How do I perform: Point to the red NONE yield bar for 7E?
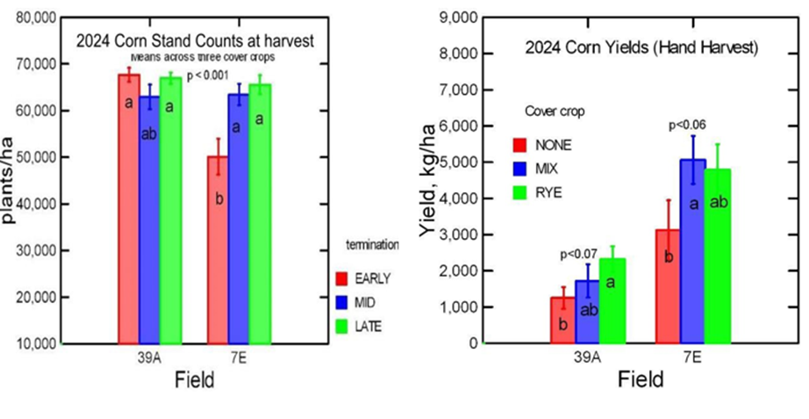click(670, 286)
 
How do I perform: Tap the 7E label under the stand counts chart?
click(238, 358)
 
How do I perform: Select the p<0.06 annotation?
click(688, 126)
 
